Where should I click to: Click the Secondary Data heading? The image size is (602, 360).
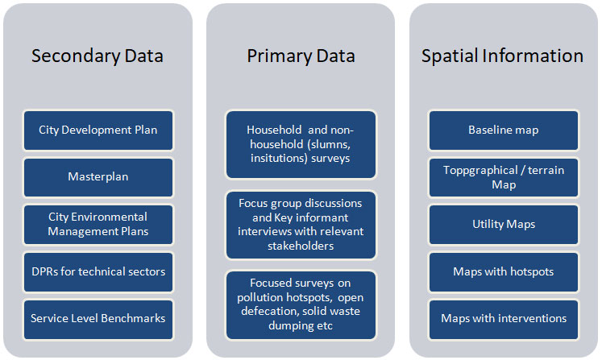(x=98, y=56)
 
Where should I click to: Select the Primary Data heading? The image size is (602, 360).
(x=301, y=56)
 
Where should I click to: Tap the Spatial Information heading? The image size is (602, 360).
(x=503, y=56)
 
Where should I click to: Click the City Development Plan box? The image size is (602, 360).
(x=98, y=130)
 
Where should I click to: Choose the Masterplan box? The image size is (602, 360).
(x=98, y=177)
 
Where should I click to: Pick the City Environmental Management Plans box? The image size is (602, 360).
(x=98, y=225)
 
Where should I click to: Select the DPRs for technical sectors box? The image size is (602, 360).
(x=98, y=271)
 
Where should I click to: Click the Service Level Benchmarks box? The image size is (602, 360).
(x=98, y=319)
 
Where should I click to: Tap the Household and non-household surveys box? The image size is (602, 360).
(x=301, y=144)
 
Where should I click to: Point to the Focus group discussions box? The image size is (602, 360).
(x=301, y=225)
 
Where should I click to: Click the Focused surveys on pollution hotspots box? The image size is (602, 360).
(x=301, y=305)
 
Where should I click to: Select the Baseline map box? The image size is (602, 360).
(x=504, y=130)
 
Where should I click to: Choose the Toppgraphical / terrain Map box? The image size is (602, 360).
(x=504, y=177)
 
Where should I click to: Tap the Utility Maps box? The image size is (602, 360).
(x=504, y=225)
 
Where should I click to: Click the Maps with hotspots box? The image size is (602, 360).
(x=504, y=271)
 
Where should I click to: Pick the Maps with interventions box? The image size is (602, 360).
(x=504, y=319)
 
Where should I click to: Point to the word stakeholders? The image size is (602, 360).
(x=301, y=246)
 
